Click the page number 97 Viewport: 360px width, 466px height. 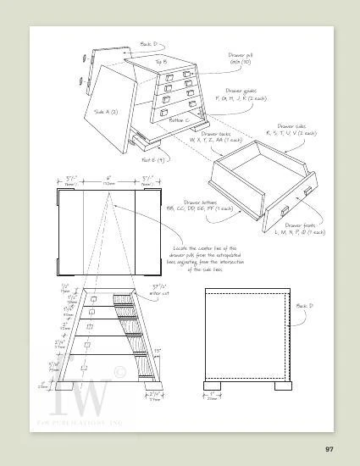click(x=331, y=447)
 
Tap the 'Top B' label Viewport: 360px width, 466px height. click(x=161, y=62)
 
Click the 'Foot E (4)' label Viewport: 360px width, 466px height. click(x=152, y=159)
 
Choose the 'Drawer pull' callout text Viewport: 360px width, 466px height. click(x=241, y=58)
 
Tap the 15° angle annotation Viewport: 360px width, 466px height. click(x=157, y=350)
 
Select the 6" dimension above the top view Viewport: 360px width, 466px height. click(x=108, y=180)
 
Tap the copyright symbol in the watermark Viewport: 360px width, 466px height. click(x=119, y=372)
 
